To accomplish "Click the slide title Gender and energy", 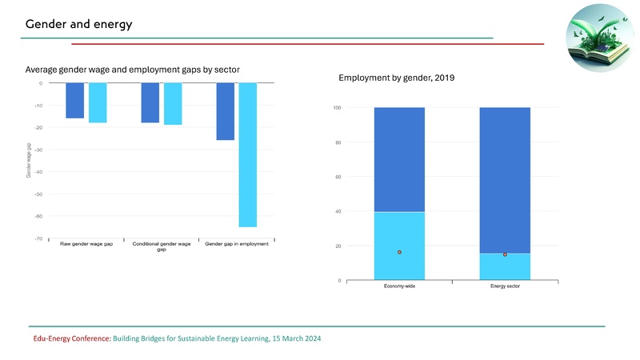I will point(78,24).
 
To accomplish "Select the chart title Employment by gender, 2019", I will point(397,78).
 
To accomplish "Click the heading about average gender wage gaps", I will point(133,70).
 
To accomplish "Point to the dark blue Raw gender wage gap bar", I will point(74,101).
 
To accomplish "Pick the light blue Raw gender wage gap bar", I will point(98,103).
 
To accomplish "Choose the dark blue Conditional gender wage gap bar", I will point(150,103).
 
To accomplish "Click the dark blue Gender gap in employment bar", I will point(226,112).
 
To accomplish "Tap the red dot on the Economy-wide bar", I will point(399,253).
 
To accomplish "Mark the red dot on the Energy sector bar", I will point(505,254).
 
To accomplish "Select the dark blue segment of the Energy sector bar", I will point(505,180).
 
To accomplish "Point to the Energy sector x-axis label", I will point(505,287).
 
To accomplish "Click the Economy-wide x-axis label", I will point(399,287).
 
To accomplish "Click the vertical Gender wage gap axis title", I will point(28,161).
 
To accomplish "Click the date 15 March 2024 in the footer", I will point(296,339).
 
